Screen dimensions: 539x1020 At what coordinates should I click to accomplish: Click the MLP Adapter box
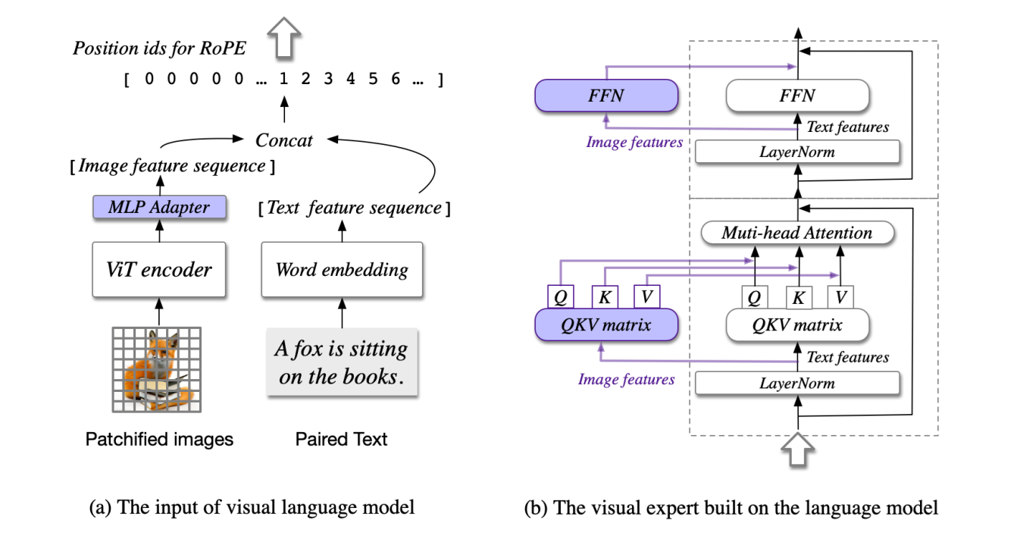click(159, 207)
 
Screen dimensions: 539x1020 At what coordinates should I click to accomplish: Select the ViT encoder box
click(159, 269)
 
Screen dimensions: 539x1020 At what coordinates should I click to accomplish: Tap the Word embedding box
click(341, 269)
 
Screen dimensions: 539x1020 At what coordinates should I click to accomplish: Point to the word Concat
click(284, 139)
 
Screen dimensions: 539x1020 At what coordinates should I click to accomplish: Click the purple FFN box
click(606, 96)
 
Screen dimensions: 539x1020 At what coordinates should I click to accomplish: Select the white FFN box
click(797, 96)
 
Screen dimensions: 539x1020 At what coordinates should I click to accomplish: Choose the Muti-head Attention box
click(797, 233)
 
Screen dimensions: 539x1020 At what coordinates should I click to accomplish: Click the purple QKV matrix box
click(606, 324)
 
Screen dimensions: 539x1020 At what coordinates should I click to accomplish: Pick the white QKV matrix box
click(797, 324)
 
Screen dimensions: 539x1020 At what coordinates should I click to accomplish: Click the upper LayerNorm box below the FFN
click(797, 152)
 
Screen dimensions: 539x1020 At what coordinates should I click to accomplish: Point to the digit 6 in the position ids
click(395, 79)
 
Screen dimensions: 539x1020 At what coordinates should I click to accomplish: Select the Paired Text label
click(341, 439)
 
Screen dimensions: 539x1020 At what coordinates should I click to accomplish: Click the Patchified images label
click(159, 439)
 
